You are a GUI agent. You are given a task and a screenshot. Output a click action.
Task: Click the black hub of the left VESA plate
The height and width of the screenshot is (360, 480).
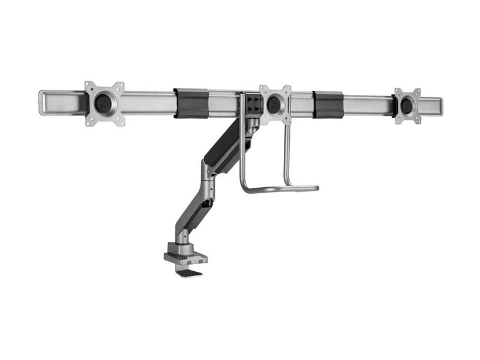click(104, 103)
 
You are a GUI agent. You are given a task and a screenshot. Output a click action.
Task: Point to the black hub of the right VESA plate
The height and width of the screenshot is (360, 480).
click(407, 106)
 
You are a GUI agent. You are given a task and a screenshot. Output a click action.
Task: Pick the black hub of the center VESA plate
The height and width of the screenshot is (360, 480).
click(275, 103)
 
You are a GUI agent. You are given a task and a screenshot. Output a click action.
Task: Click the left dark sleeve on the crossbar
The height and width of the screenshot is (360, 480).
click(191, 103)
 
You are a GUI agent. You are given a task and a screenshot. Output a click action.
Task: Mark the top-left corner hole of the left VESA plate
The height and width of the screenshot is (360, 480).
click(89, 85)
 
